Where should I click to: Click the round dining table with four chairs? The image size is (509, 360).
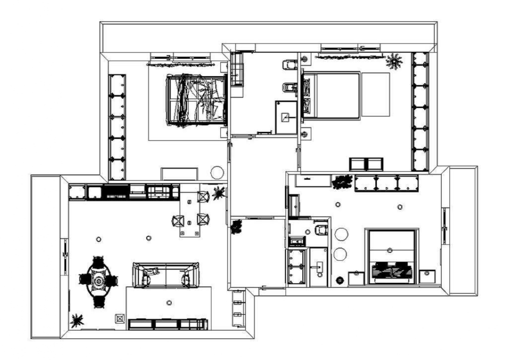(98, 282)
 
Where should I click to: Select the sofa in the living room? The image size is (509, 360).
(165, 274)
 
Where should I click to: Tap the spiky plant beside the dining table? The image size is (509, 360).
(77, 319)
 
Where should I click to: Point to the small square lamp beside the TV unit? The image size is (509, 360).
(119, 318)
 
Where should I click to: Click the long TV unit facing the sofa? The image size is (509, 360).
(167, 324)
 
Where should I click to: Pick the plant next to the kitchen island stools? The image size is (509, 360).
(218, 192)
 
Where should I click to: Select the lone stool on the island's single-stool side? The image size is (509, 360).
(178, 220)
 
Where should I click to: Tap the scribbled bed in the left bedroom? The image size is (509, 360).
(196, 99)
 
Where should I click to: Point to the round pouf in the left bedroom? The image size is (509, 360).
(217, 172)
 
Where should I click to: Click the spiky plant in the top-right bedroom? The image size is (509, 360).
(394, 61)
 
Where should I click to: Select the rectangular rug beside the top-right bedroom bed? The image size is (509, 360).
(375, 94)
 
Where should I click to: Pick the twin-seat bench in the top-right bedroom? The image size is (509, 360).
(366, 164)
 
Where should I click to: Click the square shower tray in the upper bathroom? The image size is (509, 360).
(285, 117)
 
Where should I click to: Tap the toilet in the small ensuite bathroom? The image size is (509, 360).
(321, 230)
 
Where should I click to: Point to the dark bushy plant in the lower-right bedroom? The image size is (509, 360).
(342, 181)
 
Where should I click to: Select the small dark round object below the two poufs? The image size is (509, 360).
(339, 279)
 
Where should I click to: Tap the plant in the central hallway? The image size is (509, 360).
(236, 227)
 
